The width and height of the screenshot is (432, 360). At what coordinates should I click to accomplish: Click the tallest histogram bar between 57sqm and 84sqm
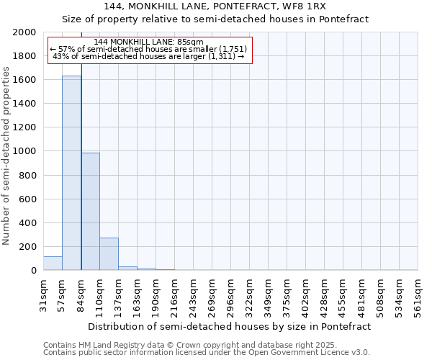(x=71, y=173)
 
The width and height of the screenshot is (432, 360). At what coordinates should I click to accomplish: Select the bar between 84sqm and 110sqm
(x=90, y=212)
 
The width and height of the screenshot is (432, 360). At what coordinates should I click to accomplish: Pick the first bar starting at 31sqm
(x=53, y=264)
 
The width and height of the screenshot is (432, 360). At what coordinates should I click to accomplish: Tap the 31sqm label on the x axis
(x=43, y=294)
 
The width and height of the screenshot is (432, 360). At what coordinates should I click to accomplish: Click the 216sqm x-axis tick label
(x=174, y=295)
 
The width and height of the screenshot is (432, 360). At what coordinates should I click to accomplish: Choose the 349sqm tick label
(x=268, y=295)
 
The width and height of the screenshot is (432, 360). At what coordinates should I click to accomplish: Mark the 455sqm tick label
(x=343, y=295)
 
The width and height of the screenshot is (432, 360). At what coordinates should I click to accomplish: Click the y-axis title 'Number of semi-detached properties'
(x=6, y=156)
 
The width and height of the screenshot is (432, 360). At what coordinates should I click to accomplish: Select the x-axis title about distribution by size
(x=230, y=326)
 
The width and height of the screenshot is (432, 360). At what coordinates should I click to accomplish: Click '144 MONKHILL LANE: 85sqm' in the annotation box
(x=148, y=42)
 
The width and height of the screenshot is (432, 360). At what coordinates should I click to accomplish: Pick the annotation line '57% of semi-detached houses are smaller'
(x=148, y=49)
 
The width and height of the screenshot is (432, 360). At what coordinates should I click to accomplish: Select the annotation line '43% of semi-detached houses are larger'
(x=148, y=56)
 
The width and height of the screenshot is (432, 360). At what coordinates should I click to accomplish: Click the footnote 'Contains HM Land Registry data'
(x=205, y=345)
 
